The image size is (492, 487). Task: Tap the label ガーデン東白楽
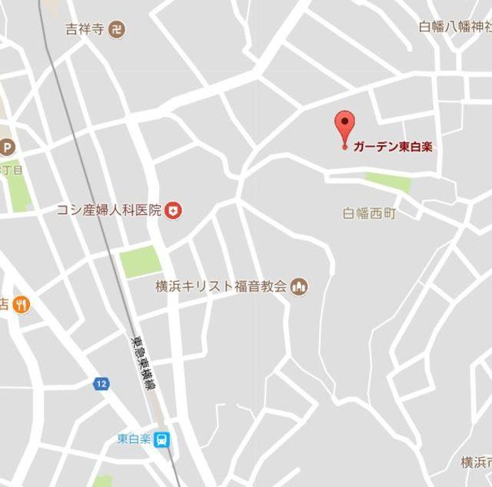tap(392, 147)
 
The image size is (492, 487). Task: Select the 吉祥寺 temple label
tap(85, 30)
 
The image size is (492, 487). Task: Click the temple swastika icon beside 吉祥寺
tap(117, 30)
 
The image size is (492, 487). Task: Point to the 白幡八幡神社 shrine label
tap(455, 25)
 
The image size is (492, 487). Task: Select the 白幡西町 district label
tap(369, 213)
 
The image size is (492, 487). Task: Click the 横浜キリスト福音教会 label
tap(221, 287)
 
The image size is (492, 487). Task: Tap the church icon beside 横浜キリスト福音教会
tap(300, 287)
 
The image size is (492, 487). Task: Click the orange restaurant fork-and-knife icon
tap(22, 305)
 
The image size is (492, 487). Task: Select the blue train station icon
tap(162, 440)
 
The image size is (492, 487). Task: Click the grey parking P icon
tap(7, 146)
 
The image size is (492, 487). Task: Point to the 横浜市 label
tap(476, 462)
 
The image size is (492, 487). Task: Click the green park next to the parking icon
tap(17, 187)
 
